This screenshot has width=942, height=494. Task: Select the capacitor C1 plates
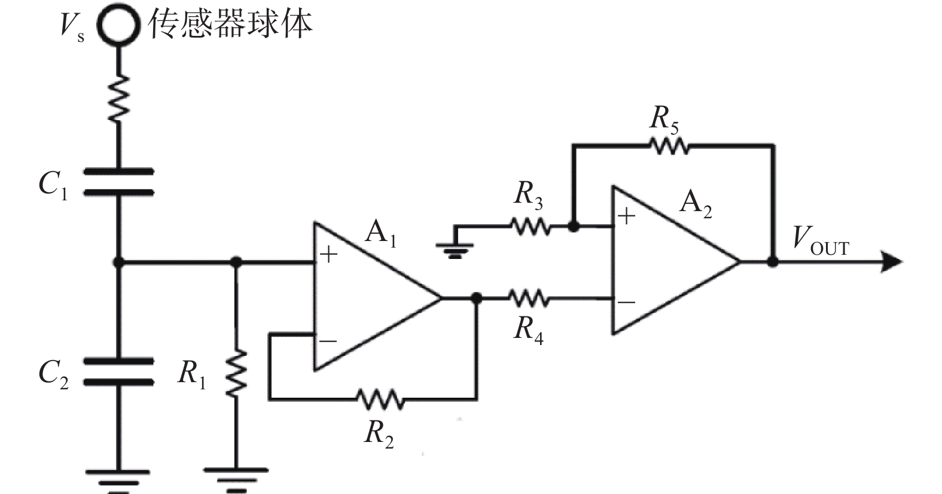coord(119,182)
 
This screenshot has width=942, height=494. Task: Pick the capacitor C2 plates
coord(119,371)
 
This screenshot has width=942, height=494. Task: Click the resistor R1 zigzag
coord(236,372)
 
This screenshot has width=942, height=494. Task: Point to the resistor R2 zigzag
coord(380,398)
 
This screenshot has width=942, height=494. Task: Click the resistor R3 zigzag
coord(531,226)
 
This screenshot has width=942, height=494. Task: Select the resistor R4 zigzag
coord(529,298)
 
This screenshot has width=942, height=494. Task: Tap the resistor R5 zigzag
coord(669,146)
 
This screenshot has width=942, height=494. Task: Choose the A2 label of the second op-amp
coord(696,204)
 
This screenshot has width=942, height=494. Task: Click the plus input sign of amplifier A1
coord(329,254)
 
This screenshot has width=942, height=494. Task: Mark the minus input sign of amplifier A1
coord(328,340)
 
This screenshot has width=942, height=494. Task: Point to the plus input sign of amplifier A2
coord(627,216)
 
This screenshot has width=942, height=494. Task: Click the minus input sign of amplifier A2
coord(627,302)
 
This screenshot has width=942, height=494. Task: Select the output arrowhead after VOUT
coord(891,262)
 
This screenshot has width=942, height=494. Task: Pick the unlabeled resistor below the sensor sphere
coord(118,99)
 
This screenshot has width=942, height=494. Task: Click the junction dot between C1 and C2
coord(118,263)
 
